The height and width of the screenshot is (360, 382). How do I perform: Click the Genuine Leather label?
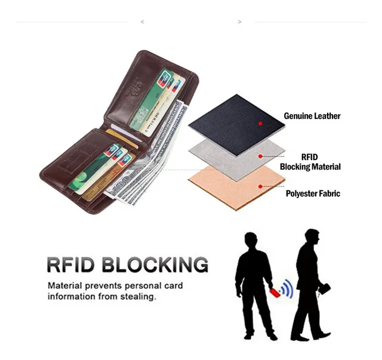312,116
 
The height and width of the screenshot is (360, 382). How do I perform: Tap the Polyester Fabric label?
313,193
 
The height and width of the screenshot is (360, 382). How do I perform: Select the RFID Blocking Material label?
310,162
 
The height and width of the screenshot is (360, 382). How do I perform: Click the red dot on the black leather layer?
261,123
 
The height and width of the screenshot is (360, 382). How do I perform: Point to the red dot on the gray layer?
261,156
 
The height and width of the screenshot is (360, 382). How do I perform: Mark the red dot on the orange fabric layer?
261,186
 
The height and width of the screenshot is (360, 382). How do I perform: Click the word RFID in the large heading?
72,264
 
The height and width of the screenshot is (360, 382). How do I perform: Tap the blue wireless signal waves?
287,288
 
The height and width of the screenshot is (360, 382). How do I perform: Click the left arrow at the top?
142,22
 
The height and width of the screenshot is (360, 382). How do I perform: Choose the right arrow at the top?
239,22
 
